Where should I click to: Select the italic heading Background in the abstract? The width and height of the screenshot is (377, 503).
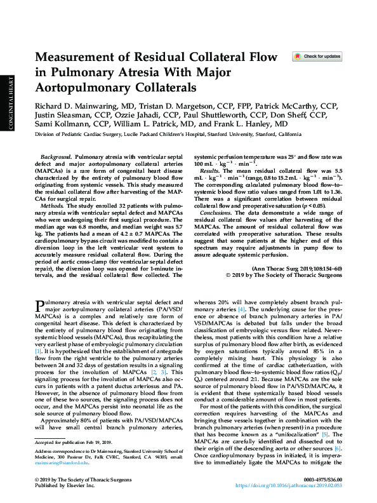click(x=56, y=156)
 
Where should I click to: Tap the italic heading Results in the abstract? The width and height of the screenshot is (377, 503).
click(x=210, y=171)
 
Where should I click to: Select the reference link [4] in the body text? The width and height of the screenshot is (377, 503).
click(x=241, y=309)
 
